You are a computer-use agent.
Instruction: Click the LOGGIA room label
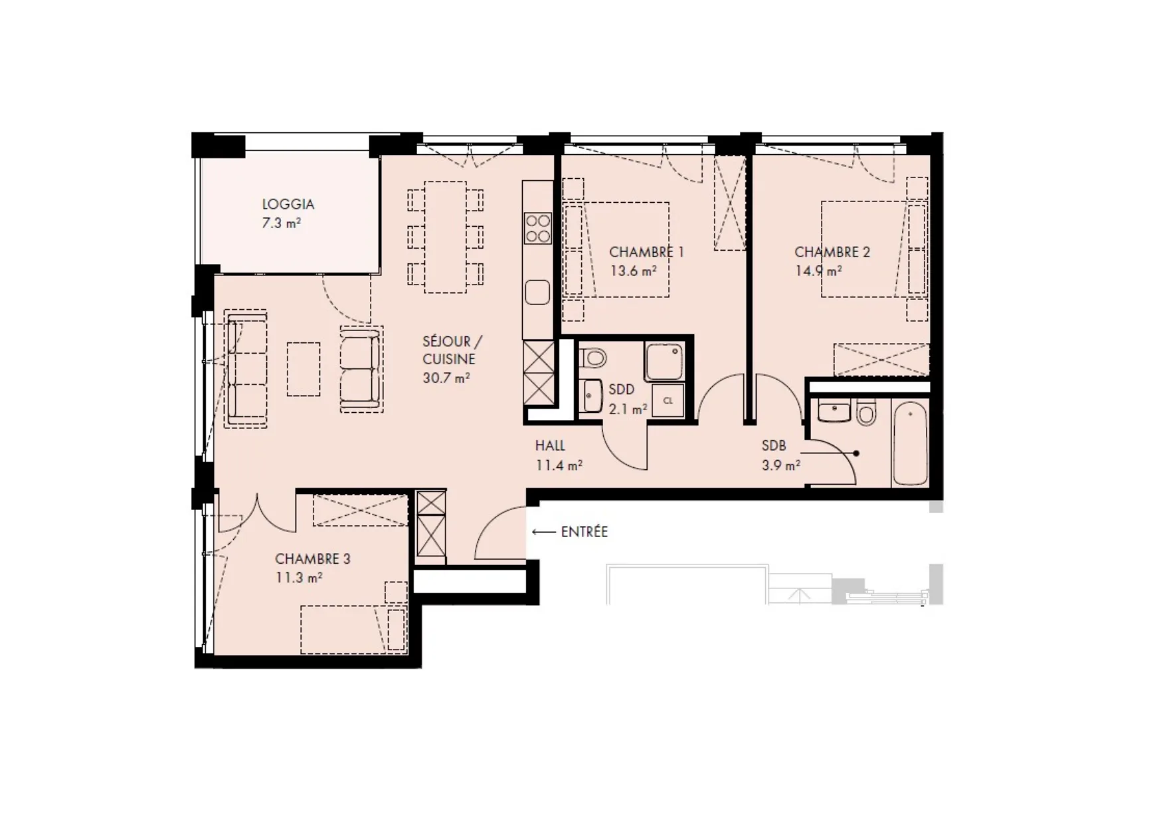(x=288, y=204)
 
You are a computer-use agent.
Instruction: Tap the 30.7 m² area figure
(x=446, y=378)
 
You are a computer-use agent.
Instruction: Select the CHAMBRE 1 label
(x=646, y=252)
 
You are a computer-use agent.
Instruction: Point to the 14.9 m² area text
(x=819, y=271)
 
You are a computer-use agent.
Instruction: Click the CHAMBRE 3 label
(x=312, y=558)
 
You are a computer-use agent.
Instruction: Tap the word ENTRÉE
(x=584, y=532)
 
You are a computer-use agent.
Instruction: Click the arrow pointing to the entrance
(x=544, y=532)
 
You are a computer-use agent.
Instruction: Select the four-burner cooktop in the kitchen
(x=537, y=227)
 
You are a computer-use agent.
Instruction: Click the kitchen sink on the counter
(x=537, y=293)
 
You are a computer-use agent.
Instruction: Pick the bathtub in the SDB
(x=909, y=443)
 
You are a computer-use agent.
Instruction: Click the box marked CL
(x=668, y=401)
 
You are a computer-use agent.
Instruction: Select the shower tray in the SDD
(x=664, y=362)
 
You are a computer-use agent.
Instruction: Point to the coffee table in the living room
(x=304, y=369)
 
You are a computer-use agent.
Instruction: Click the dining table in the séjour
(x=445, y=237)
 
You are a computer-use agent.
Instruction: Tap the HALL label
(x=550, y=446)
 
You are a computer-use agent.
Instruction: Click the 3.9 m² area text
(x=781, y=465)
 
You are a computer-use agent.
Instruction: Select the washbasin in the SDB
(x=834, y=412)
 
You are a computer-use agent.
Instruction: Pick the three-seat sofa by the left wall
(x=246, y=369)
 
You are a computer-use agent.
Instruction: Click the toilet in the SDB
(x=866, y=413)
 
